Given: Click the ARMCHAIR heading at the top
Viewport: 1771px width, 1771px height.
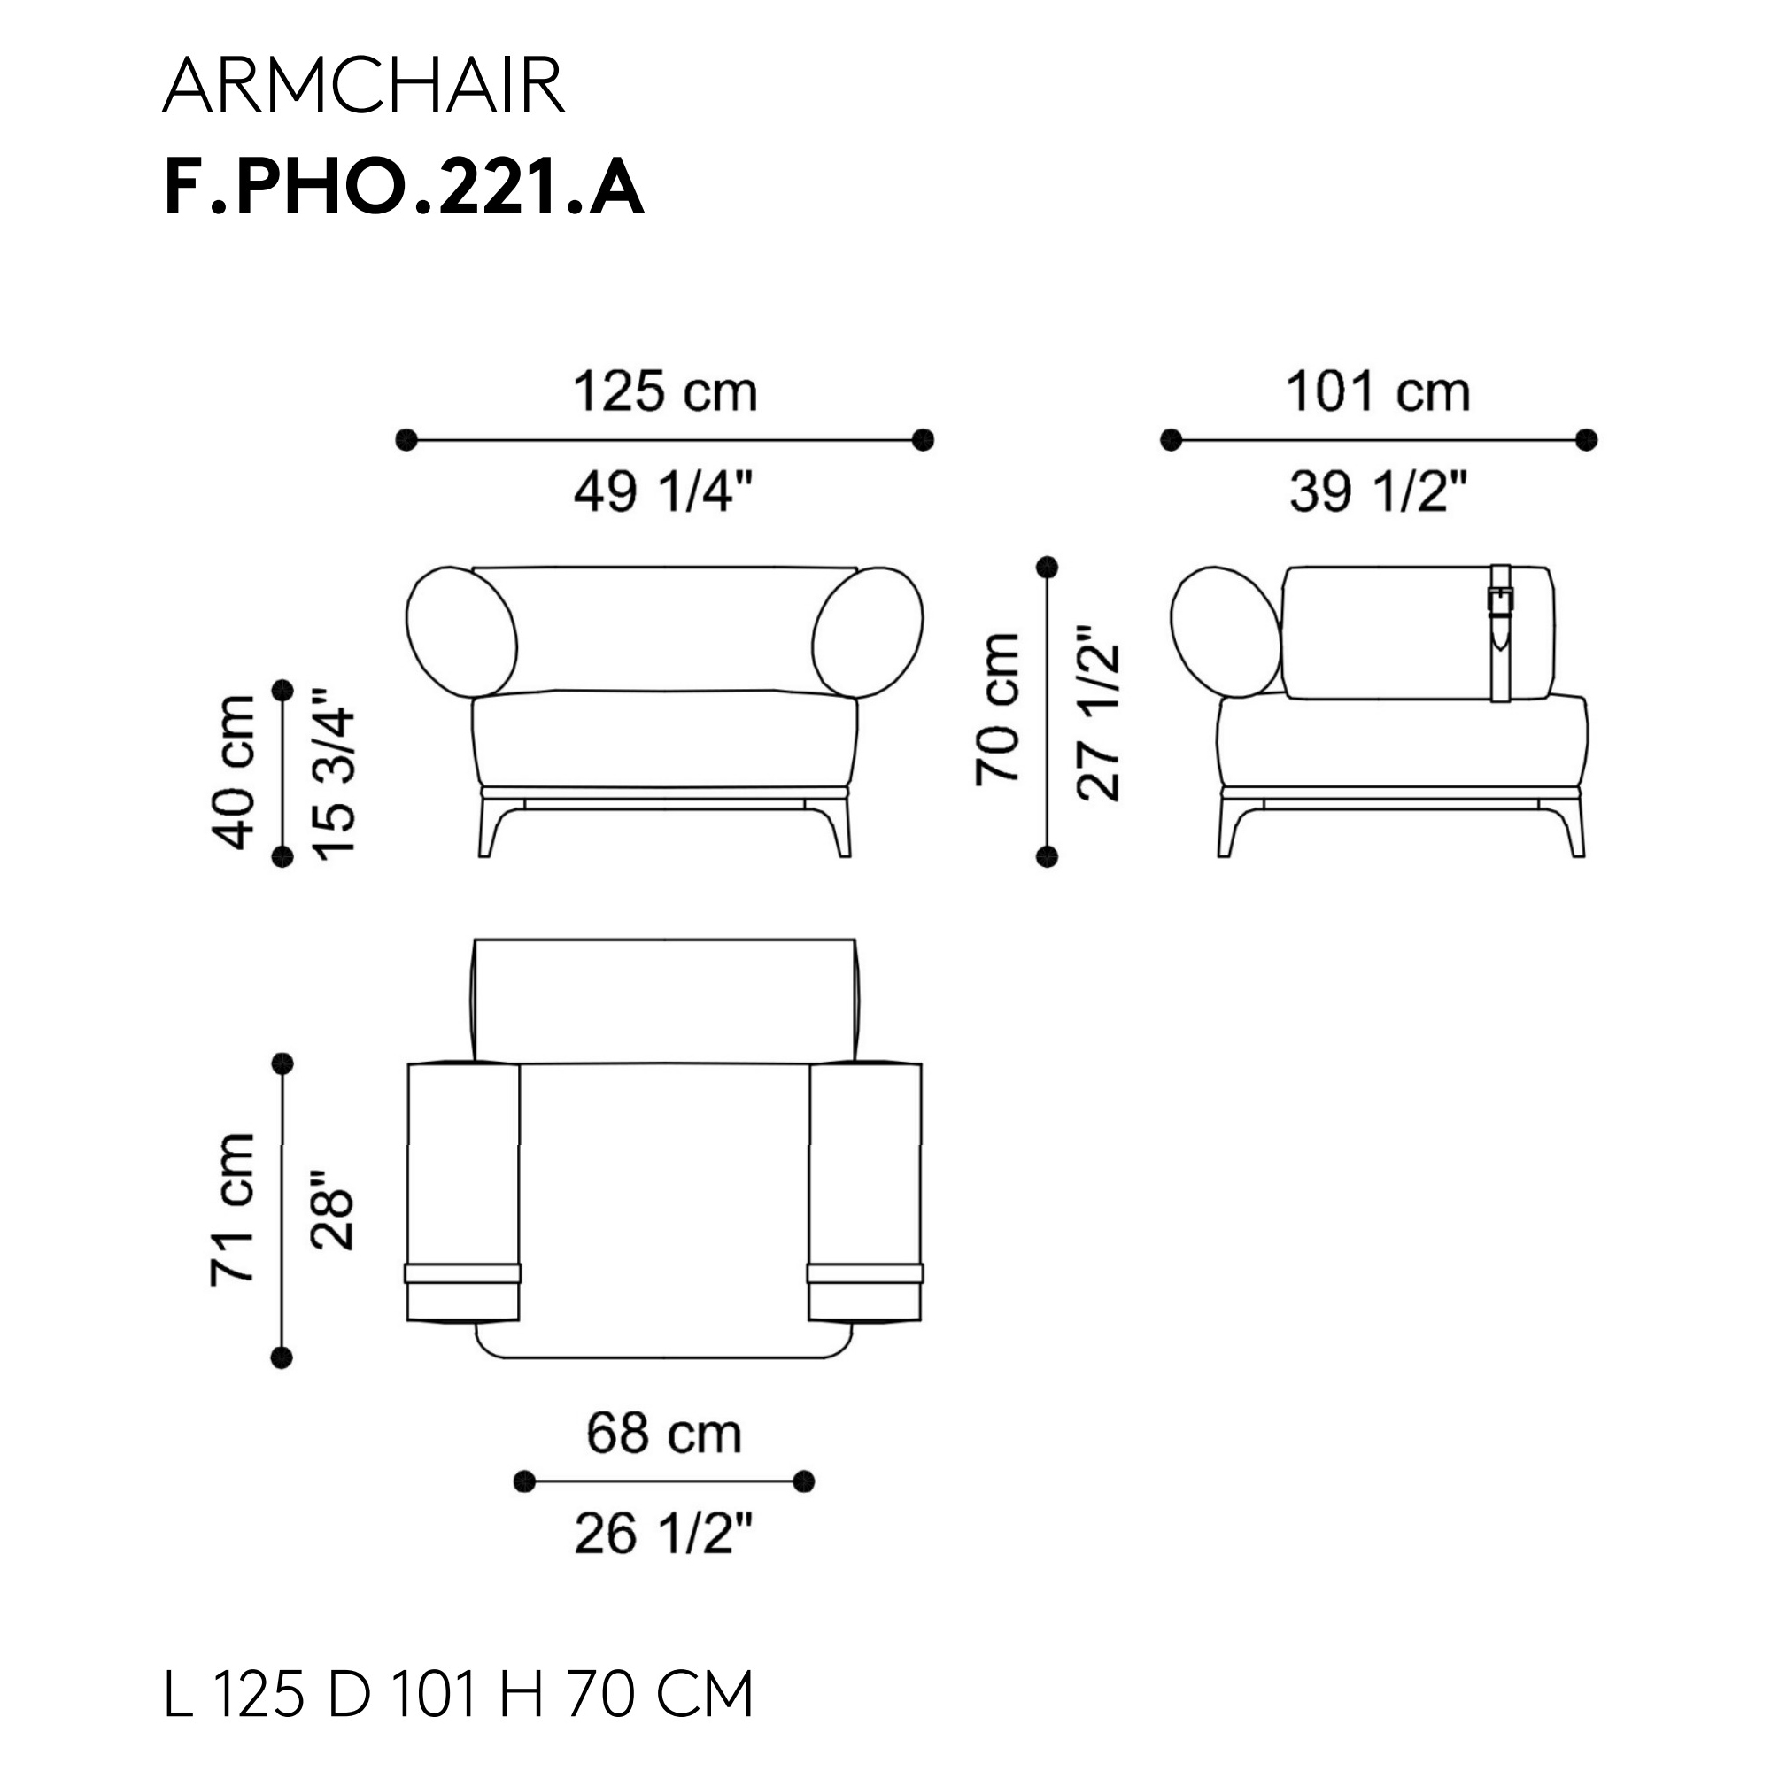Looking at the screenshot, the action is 363,86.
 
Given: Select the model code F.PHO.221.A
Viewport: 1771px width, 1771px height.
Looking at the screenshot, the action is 403,188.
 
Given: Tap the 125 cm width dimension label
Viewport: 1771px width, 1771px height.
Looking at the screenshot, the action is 665,391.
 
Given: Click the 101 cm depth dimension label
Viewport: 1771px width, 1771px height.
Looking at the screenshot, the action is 1378,391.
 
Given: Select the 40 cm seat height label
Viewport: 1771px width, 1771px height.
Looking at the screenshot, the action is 234,773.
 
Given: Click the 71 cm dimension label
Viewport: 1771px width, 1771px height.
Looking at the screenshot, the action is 232,1210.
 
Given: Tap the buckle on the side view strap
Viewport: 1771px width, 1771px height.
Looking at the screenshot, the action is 1501,601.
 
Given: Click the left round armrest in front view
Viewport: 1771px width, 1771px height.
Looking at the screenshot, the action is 461,631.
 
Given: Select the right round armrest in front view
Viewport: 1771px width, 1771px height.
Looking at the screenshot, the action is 867,631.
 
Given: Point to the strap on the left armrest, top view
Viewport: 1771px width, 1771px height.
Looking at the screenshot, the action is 463,1272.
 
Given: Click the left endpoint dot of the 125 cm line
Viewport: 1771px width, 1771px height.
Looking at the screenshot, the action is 406,440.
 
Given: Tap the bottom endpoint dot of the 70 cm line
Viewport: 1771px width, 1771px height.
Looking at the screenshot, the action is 1047,856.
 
